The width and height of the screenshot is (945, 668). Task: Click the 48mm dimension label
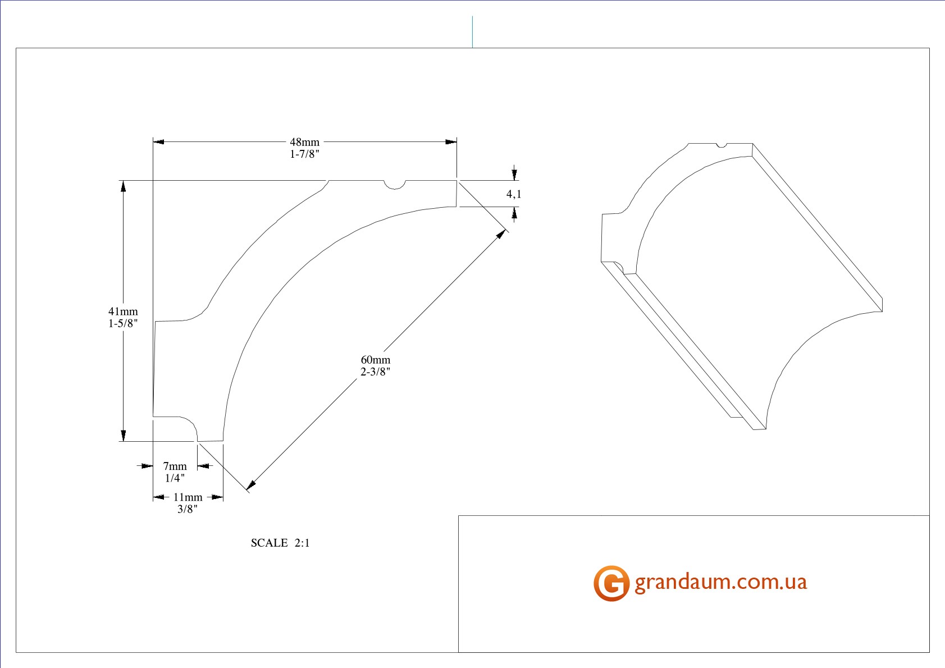click(304, 142)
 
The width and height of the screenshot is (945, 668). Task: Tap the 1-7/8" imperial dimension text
click(304, 154)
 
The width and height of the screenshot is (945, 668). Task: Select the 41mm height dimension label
click(123, 311)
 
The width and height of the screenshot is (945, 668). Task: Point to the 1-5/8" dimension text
click(123, 323)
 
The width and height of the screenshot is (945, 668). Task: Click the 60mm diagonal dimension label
click(376, 360)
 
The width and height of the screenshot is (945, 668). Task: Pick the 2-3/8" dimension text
click(376, 372)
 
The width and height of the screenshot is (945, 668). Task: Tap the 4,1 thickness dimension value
click(514, 194)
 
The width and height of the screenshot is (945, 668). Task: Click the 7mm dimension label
click(175, 466)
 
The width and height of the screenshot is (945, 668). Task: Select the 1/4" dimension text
click(175, 478)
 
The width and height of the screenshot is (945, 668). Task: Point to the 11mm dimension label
click(188, 497)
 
